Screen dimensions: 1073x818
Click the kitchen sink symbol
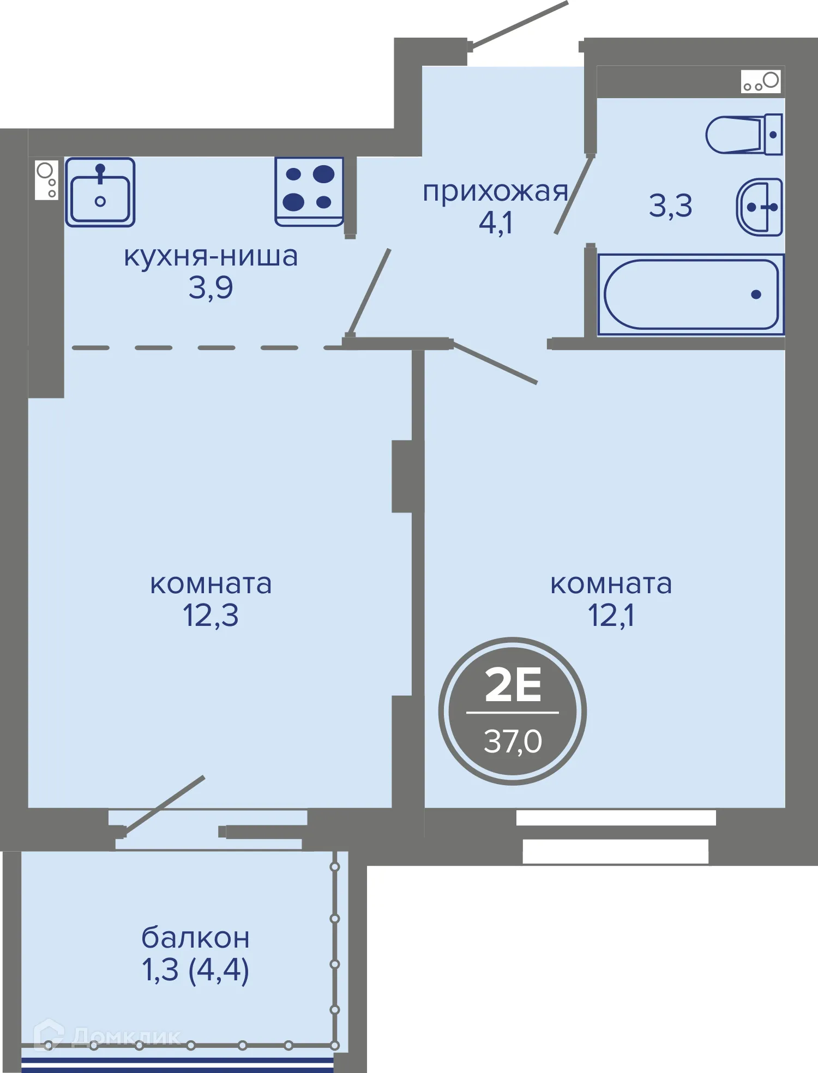(x=100, y=192)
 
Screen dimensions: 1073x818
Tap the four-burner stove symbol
(x=309, y=191)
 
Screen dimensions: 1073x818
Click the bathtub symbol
(x=691, y=294)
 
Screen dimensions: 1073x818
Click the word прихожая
(x=495, y=192)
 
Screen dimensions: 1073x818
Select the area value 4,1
(x=495, y=223)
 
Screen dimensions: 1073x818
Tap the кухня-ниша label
(x=210, y=256)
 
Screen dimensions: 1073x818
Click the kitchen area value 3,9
(x=210, y=287)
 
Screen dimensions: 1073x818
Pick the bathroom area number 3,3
(x=670, y=206)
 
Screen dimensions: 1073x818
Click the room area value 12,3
(x=210, y=616)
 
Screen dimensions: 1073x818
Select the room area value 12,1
(x=611, y=616)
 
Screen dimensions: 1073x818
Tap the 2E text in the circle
(x=513, y=685)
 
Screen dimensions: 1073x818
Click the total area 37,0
(x=513, y=742)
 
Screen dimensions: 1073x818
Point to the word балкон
(x=195, y=938)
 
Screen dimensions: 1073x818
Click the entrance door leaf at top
(x=518, y=25)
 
